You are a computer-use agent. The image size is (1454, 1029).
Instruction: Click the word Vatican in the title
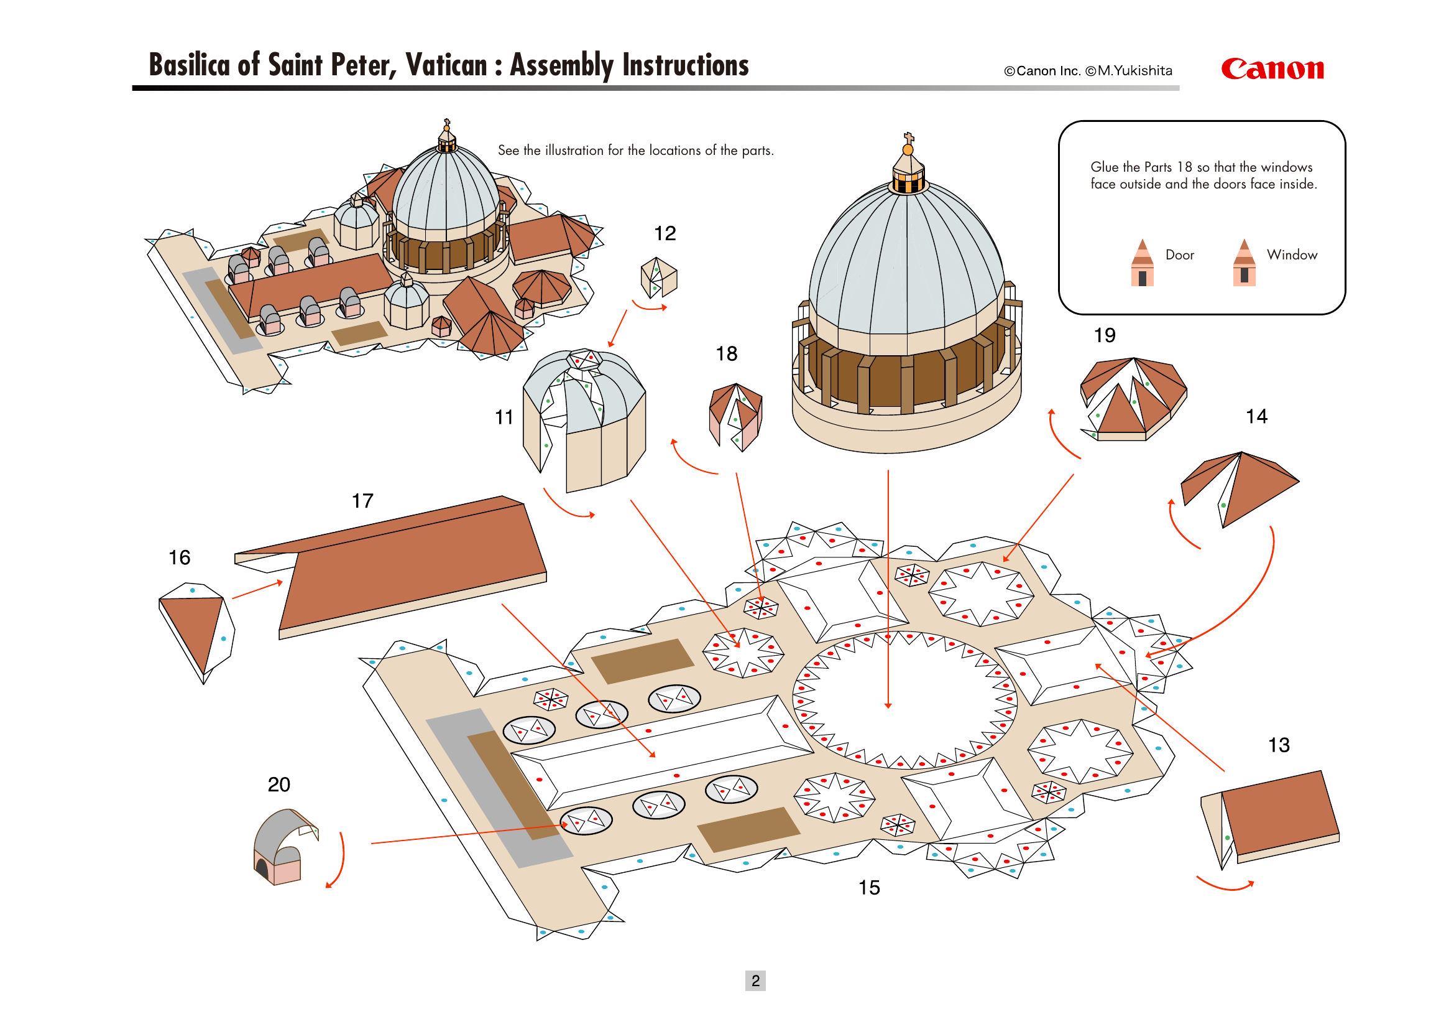click(x=446, y=65)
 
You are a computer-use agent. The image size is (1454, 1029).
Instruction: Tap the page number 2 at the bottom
click(x=755, y=980)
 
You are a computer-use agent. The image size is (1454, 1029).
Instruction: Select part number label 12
click(x=665, y=233)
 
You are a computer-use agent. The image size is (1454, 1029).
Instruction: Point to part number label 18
click(x=726, y=353)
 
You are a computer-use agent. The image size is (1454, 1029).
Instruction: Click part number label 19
click(x=1105, y=335)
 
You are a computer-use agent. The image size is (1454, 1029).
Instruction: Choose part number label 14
click(x=1256, y=416)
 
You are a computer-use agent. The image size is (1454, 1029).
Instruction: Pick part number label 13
click(x=1279, y=745)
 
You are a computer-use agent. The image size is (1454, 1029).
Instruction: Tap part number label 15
click(x=869, y=887)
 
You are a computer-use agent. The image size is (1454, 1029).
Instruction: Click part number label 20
click(x=278, y=785)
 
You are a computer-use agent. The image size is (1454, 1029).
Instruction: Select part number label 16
click(x=179, y=557)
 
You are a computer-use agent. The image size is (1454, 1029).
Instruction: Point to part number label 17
click(x=362, y=501)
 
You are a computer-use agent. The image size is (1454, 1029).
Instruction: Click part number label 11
click(x=504, y=417)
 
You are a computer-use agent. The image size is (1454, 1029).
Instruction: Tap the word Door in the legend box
click(x=1179, y=254)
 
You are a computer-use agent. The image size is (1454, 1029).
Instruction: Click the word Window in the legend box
click(x=1292, y=254)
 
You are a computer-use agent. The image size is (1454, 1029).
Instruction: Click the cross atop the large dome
click(x=908, y=137)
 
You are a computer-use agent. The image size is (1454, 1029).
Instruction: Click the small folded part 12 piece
click(x=658, y=277)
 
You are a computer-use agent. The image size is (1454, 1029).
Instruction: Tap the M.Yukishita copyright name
click(x=1135, y=71)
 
